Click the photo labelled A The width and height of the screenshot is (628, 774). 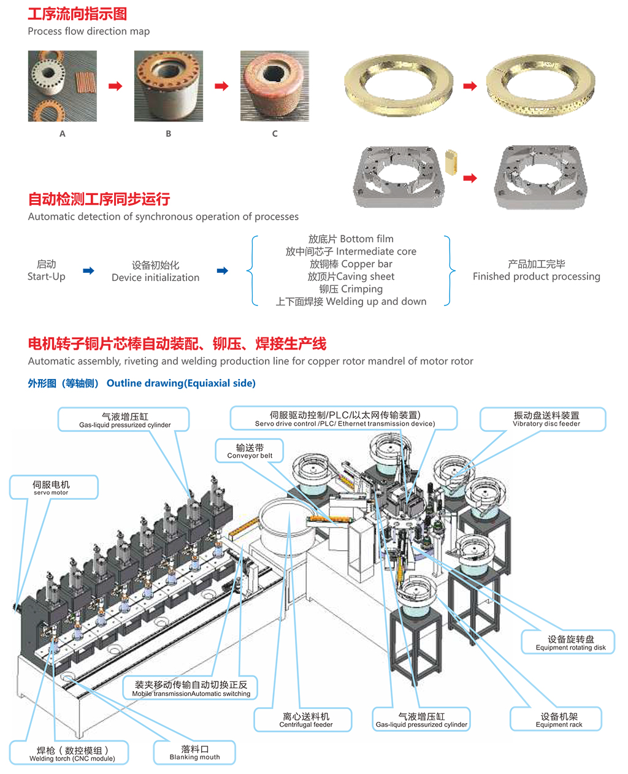[x=62, y=86]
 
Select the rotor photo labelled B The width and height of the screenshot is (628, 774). [x=168, y=86]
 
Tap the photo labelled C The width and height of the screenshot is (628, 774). [x=274, y=86]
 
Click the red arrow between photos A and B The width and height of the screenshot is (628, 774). [x=115, y=86]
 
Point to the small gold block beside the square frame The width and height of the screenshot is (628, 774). [x=451, y=162]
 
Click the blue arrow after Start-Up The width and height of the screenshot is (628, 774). [x=89, y=270]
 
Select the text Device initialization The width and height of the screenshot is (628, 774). [x=155, y=277]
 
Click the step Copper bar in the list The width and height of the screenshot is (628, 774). [x=351, y=264]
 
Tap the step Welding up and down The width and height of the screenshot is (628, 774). [x=351, y=301]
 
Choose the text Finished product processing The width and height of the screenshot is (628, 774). [x=536, y=277]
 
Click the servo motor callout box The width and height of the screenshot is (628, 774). [x=53, y=488]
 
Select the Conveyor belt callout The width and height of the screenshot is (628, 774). [x=250, y=451]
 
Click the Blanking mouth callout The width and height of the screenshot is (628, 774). [x=194, y=753]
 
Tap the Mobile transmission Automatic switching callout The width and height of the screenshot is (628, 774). [x=191, y=688]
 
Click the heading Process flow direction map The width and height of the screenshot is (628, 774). [x=88, y=31]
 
